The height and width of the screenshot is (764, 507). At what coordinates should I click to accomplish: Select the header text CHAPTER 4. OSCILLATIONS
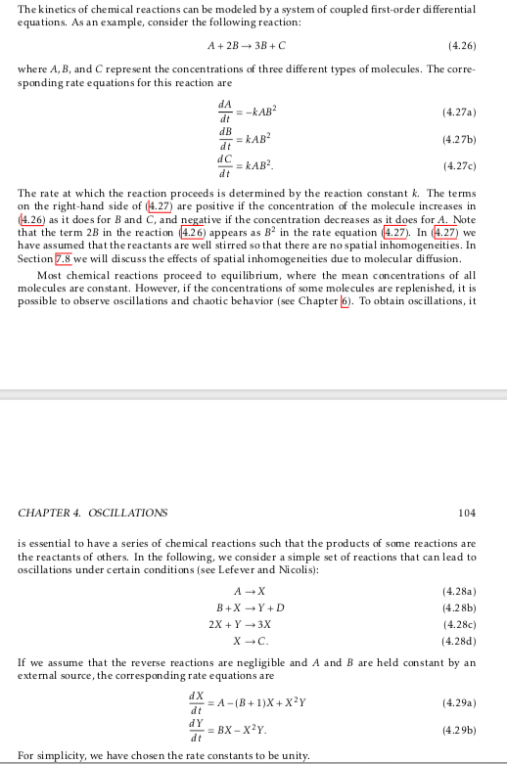point(93,512)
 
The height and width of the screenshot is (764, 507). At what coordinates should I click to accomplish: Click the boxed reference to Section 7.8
point(69,258)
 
